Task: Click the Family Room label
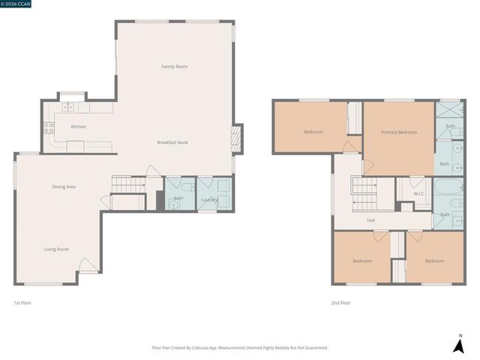click(x=175, y=67)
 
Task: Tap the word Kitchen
click(x=78, y=127)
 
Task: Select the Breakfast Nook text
click(x=172, y=142)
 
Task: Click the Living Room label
click(x=56, y=249)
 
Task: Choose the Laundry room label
click(x=210, y=199)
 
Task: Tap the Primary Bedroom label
click(x=399, y=132)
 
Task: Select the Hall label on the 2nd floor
click(x=370, y=220)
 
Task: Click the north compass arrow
click(x=458, y=344)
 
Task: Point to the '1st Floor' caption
click(x=22, y=303)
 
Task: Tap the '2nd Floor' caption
click(x=340, y=303)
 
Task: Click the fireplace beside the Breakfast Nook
click(x=235, y=138)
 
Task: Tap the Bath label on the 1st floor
click(x=178, y=198)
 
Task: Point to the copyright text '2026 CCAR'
click(x=18, y=4)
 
